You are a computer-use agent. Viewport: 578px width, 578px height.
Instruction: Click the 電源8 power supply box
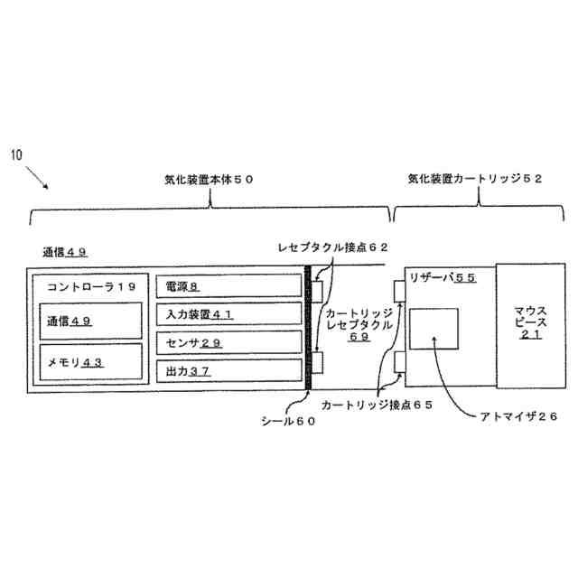228,287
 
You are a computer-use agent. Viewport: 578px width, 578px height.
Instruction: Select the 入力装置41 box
228,314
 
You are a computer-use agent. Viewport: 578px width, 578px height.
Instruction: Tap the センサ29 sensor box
228,342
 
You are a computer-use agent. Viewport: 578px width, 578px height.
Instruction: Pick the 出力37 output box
228,370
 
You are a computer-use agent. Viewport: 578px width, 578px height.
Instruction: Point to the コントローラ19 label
90,286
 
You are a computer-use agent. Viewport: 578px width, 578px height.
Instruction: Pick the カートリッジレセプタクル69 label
359,322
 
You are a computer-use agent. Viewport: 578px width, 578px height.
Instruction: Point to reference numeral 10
17,154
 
